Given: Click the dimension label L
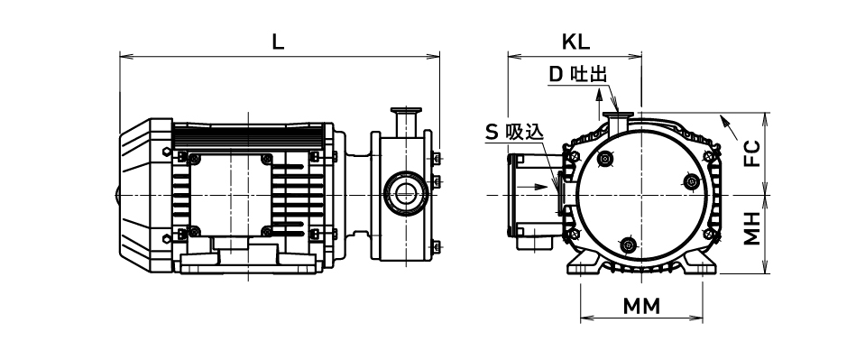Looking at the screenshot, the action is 279,42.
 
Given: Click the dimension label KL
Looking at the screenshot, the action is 575,42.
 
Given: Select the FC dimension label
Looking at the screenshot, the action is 752,154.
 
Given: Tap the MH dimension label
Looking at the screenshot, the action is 752,229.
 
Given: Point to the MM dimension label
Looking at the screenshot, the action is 641,307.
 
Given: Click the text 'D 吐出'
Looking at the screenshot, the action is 577,75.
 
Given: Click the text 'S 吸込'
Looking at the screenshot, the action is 515,132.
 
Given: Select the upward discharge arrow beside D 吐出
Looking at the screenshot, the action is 599,102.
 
